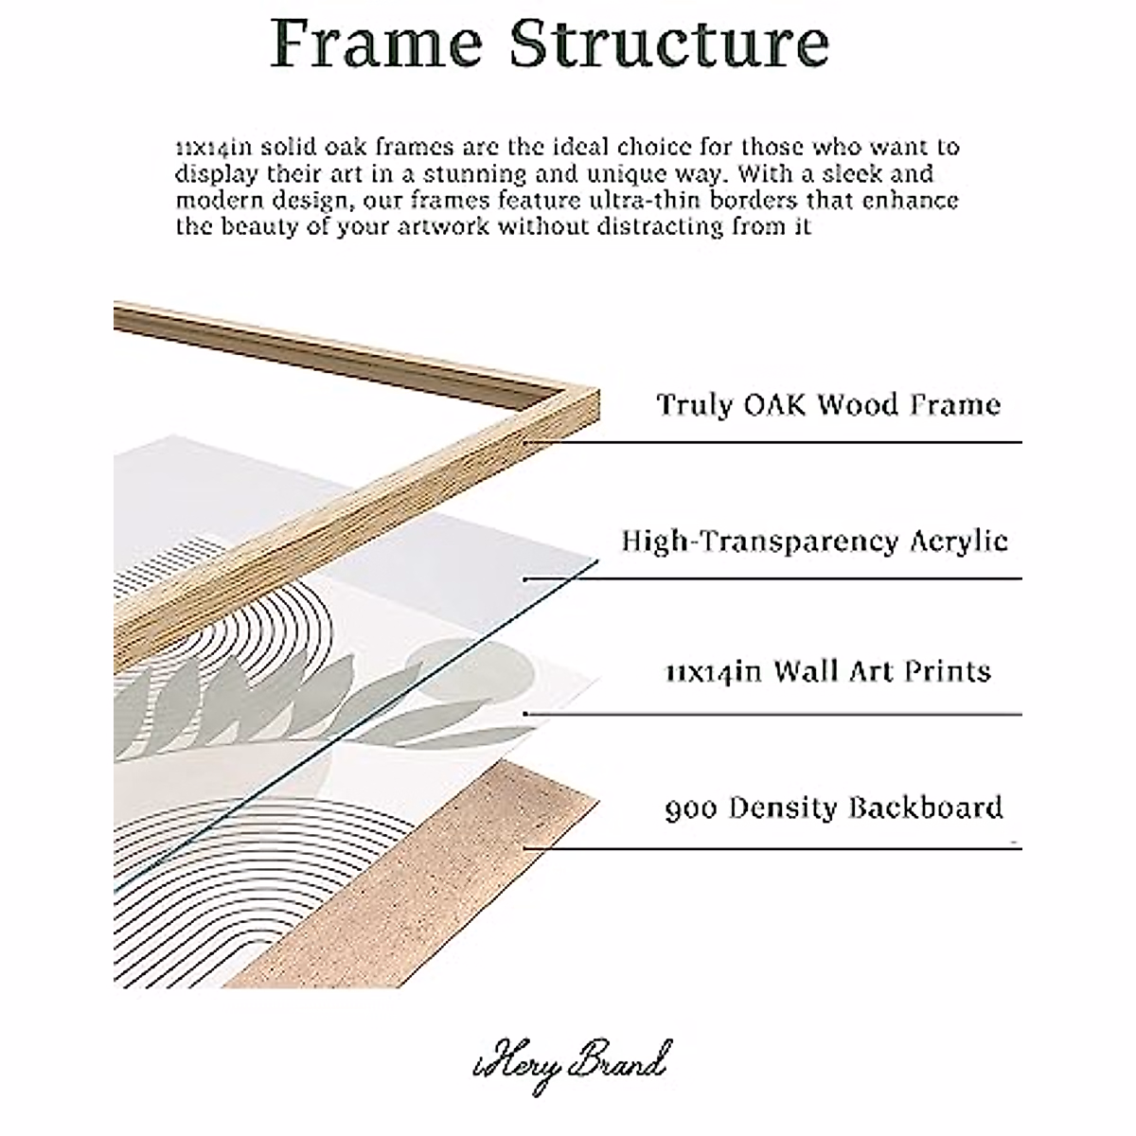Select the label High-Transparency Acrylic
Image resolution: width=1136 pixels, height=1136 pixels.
tap(814, 541)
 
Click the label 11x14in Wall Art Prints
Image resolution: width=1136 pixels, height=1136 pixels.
tap(826, 672)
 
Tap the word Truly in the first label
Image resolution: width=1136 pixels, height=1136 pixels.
tap(695, 405)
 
